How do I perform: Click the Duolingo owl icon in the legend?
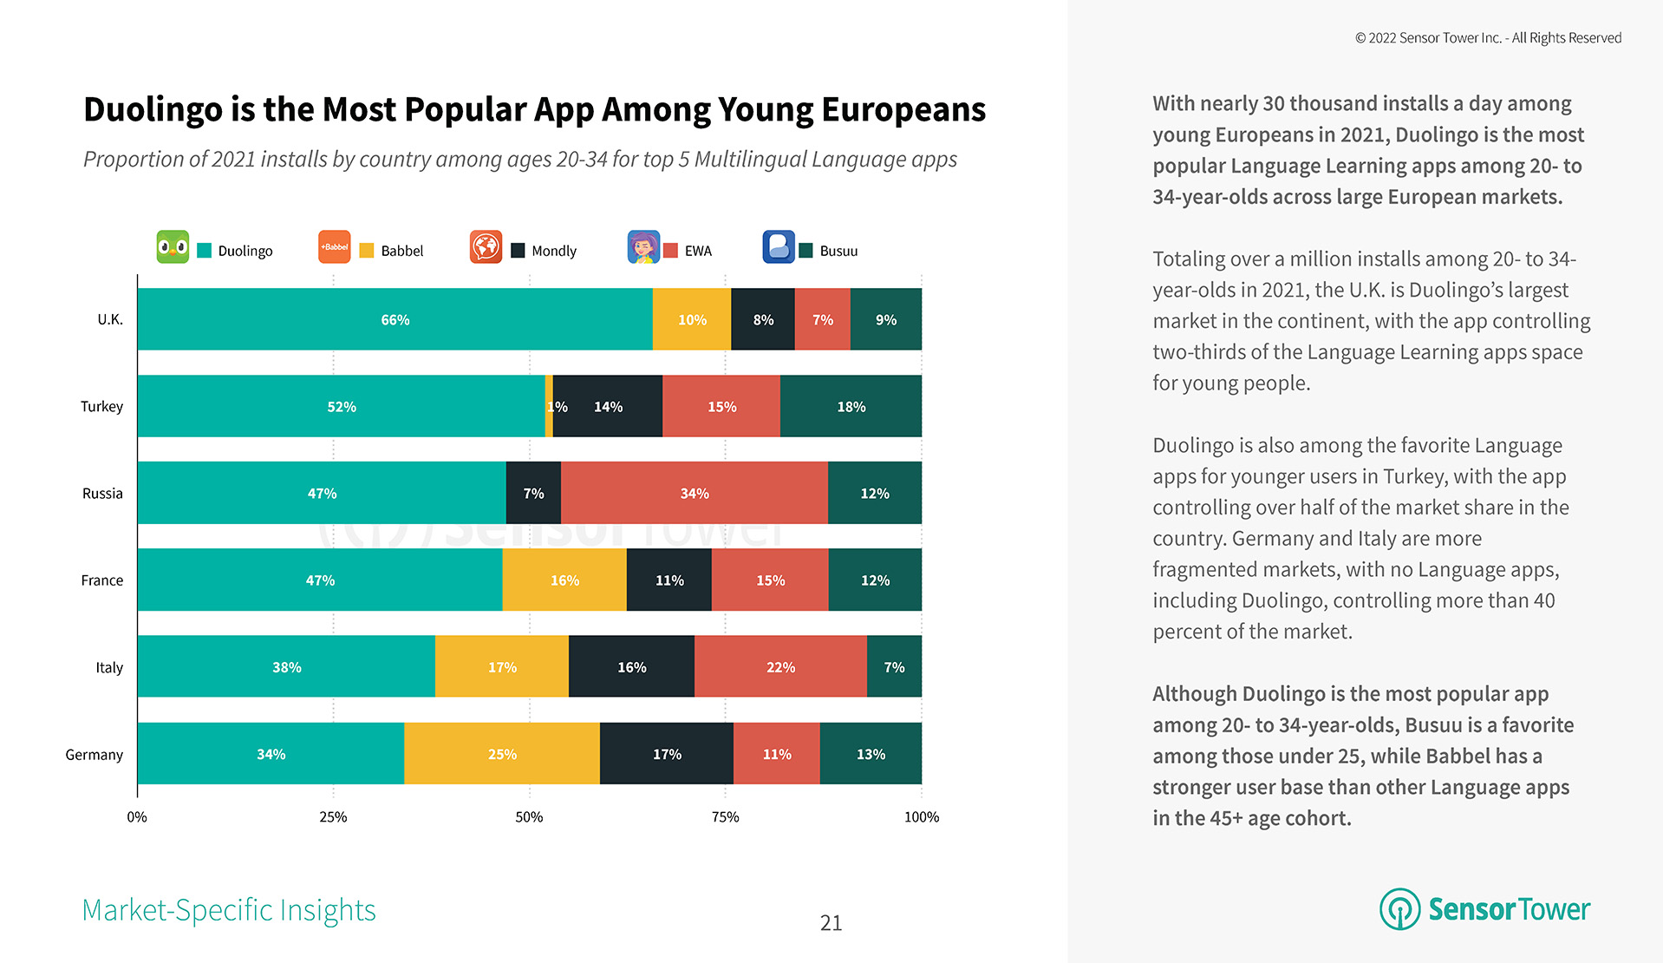point(173,247)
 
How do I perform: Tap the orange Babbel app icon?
point(334,247)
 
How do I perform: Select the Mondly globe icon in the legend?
point(486,247)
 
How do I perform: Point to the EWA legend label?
point(698,251)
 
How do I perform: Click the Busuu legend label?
point(838,251)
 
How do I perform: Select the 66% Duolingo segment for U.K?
point(395,319)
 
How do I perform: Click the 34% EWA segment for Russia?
point(694,493)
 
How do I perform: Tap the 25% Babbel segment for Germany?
point(502,754)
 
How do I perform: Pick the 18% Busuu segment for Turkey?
point(851,406)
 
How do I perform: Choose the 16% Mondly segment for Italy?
point(631,667)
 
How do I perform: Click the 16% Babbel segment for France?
point(564,580)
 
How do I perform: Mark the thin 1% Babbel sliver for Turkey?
point(549,406)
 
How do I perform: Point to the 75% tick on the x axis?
point(725,816)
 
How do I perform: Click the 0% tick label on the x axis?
point(137,816)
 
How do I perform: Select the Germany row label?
point(94,755)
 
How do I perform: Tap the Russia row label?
point(102,494)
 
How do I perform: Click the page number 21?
point(831,923)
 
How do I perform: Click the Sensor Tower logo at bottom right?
point(1484,909)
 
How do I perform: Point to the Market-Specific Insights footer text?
point(229,910)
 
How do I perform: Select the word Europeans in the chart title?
point(903,110)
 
